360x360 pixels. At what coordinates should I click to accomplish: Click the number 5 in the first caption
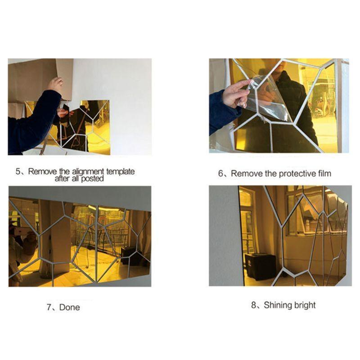point(18,171)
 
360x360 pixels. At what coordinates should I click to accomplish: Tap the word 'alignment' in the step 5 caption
point(88,171)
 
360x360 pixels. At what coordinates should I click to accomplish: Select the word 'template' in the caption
point(120,171)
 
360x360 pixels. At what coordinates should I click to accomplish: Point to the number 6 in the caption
point(220,173)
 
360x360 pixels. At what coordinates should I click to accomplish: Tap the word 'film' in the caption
point(324,173)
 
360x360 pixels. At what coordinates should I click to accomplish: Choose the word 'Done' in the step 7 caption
point(70,307)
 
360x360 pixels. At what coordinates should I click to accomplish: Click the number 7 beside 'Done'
point(49,307)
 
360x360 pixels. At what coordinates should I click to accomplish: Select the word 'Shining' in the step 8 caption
point(276,305)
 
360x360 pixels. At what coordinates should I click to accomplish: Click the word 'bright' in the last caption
point(303,306)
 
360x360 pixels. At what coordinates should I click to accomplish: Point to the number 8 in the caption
point(254,305)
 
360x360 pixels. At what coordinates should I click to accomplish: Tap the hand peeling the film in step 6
point(235,94)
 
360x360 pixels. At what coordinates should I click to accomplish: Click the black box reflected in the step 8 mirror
point(261,267)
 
